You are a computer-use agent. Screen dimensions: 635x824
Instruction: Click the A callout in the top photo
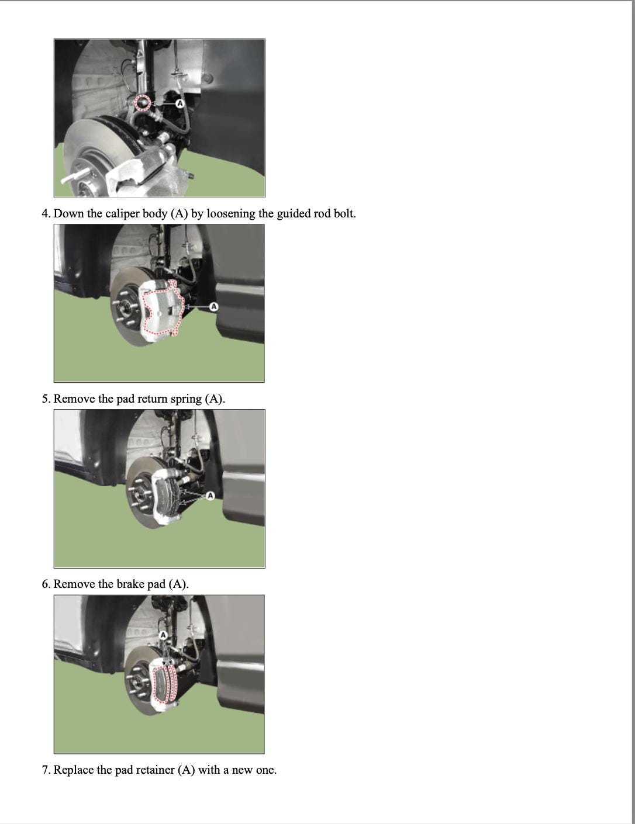click(180, 103)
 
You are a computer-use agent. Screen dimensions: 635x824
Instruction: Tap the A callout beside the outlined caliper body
click(214, 306)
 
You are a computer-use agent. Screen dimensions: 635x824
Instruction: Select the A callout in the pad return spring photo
click(210, 496)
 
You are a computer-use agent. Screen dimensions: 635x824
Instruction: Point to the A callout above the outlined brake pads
click(164, 635)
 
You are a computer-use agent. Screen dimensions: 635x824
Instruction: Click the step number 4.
click(46, 214)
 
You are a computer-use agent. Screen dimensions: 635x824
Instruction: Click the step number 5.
click(46, 399)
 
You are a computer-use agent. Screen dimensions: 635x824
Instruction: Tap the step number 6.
click(46, 584)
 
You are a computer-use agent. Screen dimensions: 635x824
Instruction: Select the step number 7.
click(46, 770)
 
